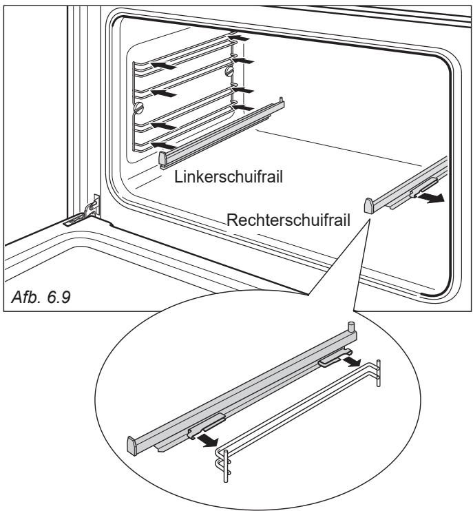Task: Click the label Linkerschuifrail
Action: (229, 176)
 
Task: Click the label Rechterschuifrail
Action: (288, 220)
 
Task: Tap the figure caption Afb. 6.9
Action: (41, 297)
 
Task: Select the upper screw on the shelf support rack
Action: (230, 71)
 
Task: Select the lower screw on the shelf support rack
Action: (139, 107)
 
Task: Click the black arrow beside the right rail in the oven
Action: (430, 198)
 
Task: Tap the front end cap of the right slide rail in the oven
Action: (369, 206)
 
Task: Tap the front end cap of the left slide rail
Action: (163, 158)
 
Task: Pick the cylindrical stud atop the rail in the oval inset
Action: (351, 326)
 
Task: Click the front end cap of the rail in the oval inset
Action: (132, 446)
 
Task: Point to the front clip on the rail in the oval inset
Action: (206, 426)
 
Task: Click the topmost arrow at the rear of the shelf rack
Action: (239, 38)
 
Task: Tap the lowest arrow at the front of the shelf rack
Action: (164, 145)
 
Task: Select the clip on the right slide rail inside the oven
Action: (423, 188)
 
